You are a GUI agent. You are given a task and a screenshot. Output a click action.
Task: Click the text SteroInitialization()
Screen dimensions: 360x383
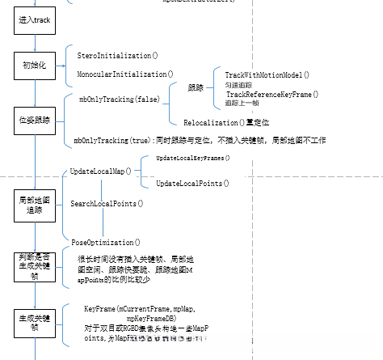tap(118, 56)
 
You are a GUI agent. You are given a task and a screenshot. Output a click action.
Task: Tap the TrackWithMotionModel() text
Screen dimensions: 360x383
tap(267, 74)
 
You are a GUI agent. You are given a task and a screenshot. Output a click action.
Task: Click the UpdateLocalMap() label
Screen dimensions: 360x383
tap(101, 172)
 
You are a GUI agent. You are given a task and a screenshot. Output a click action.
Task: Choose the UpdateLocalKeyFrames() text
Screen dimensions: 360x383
tap(192, 159)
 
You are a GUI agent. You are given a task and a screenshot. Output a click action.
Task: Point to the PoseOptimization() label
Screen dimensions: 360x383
tap(106, 241)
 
